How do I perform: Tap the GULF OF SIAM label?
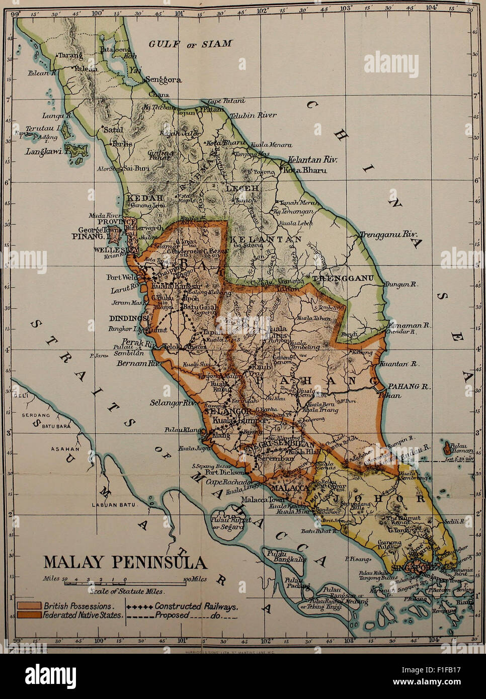coord(190,44)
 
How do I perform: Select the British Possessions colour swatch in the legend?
coord(29,606)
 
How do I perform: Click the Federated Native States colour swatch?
coord(29,615)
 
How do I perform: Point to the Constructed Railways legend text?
coord(196,606)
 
